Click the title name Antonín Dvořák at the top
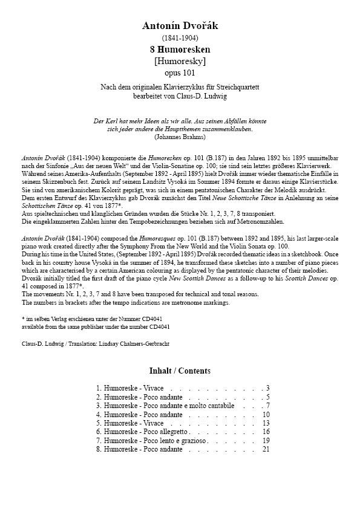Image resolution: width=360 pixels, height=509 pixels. tap(180, 25)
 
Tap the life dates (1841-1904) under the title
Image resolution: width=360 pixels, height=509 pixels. tap(180, 37)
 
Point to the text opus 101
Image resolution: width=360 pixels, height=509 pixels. tap(180, 73)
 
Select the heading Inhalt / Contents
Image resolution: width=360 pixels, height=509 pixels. tap(180, 371)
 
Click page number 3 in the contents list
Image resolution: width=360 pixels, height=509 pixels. tap(267, 388)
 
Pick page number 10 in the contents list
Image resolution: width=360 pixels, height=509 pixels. tap(266, 415)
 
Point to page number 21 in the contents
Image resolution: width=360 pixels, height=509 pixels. tap(266, 450)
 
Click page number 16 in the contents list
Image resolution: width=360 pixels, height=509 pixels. tap(266, 432)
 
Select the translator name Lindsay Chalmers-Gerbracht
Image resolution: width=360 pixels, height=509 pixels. tap(125, 343)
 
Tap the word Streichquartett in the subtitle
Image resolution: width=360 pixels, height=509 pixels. tap(234, 88)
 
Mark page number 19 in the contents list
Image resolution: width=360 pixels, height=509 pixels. tap(266, 441)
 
